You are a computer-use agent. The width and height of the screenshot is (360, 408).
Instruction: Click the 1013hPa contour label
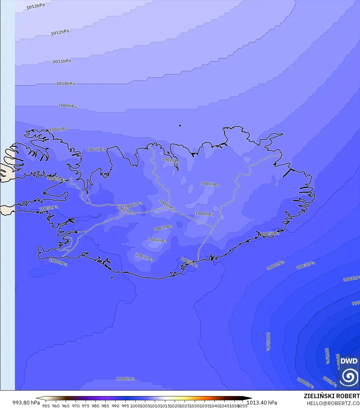[36, 6]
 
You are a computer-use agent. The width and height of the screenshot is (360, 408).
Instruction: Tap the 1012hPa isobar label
[60, 32]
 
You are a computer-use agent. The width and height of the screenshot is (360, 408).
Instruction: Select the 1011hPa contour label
[62, 61]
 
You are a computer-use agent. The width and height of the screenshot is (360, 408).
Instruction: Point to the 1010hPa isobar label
[66, 84]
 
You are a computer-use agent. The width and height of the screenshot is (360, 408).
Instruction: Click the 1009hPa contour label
[68, 106]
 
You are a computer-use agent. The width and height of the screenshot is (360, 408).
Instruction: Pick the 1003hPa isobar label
[305, 266]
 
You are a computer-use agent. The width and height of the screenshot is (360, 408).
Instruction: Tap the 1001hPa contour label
[351, 279]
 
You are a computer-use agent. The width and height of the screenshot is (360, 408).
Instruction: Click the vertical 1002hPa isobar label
[268, 341]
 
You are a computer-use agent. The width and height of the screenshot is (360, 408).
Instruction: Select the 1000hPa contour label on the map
[305, 383]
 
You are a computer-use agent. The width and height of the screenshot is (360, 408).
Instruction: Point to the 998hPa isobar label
[330, 382]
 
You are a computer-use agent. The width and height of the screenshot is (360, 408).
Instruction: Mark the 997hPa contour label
[327, 356]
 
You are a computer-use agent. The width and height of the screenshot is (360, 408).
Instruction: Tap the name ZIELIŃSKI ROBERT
[331, 396]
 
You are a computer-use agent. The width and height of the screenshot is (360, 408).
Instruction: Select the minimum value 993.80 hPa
[26, 403]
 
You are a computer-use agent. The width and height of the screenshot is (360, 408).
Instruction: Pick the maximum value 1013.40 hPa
[262, 403]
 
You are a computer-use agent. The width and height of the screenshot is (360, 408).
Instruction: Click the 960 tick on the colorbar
[56, 405]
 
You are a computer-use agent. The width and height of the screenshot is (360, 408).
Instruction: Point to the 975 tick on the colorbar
[86, 405]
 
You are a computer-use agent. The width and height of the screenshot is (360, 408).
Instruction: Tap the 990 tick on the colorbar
[115, 405]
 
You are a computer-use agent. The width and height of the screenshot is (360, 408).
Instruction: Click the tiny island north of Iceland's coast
[180, 126]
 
